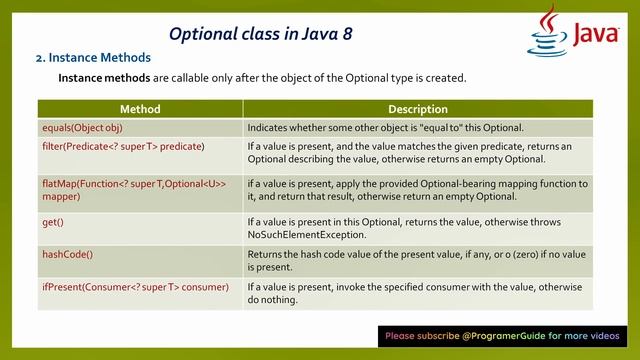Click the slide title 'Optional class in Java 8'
(x=260, y=34)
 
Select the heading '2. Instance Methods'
(x=93, y=58)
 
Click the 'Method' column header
(x=140, y=109)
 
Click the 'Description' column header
(x=417, y=109)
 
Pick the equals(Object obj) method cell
(x=90, y=127)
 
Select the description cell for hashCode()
(x=417, y=260)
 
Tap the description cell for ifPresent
(x=417, y=293)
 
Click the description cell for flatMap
(x=417, y=190)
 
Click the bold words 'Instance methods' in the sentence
(x=104, y=78)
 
